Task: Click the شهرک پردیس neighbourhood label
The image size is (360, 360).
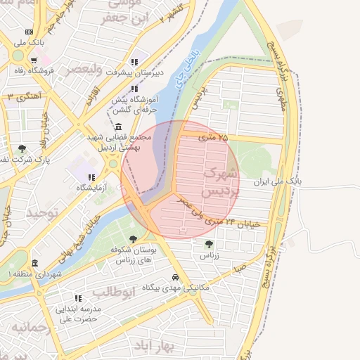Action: [219, 181]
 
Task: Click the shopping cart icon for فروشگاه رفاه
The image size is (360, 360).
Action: [33, 60]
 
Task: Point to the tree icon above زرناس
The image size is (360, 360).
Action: [209, 244]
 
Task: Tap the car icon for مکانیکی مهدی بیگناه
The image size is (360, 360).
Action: [175, 277]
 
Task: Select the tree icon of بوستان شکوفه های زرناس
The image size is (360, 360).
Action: [133, 239]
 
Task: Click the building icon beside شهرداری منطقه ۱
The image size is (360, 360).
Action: [34, 262]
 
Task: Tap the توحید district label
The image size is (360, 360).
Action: [40, 211]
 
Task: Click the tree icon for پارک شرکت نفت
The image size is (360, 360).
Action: [22, 148]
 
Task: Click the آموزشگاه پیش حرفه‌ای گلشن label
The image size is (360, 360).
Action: [134, 105]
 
